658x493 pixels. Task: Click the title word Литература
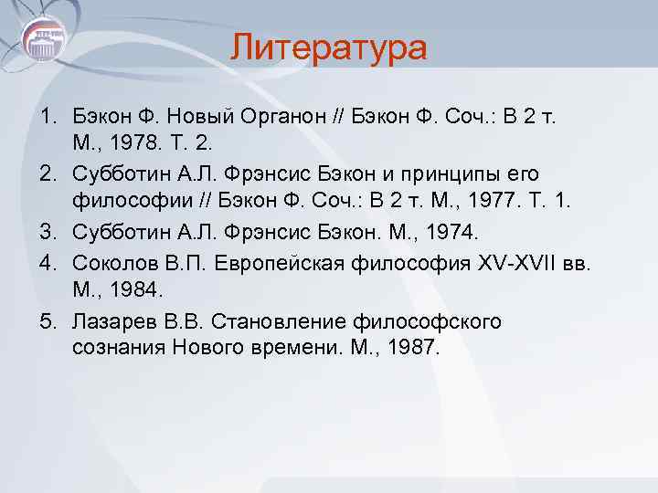(328, 47)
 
